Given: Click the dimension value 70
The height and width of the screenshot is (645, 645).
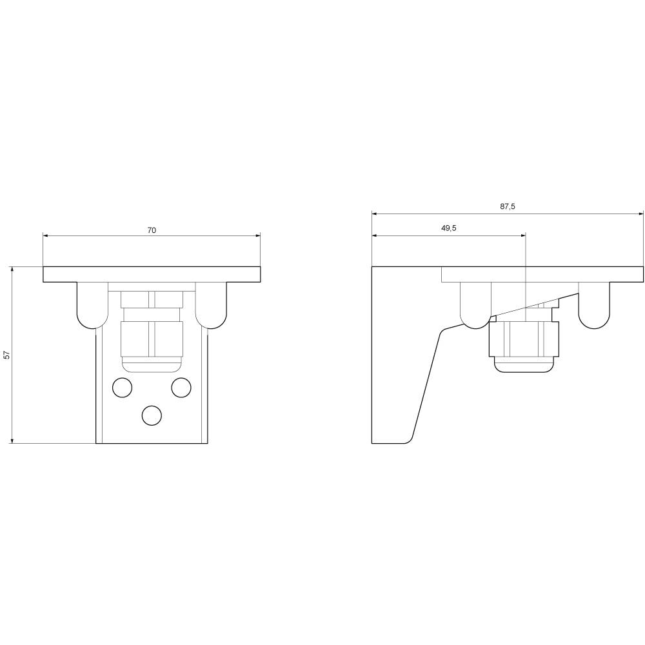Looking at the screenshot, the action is pos(152,230).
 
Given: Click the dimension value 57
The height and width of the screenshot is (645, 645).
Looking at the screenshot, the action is pos(6,355).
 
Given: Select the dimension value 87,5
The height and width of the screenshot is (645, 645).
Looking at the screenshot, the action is pos(507,206).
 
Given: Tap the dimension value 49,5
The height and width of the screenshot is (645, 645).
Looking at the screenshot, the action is pos(449,228).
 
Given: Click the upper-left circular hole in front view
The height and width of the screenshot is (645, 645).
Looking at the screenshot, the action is pos(122,388).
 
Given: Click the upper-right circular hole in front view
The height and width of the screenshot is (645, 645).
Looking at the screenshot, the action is pos(181,388).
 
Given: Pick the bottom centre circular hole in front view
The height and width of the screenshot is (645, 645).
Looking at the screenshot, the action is pos(152,415).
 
